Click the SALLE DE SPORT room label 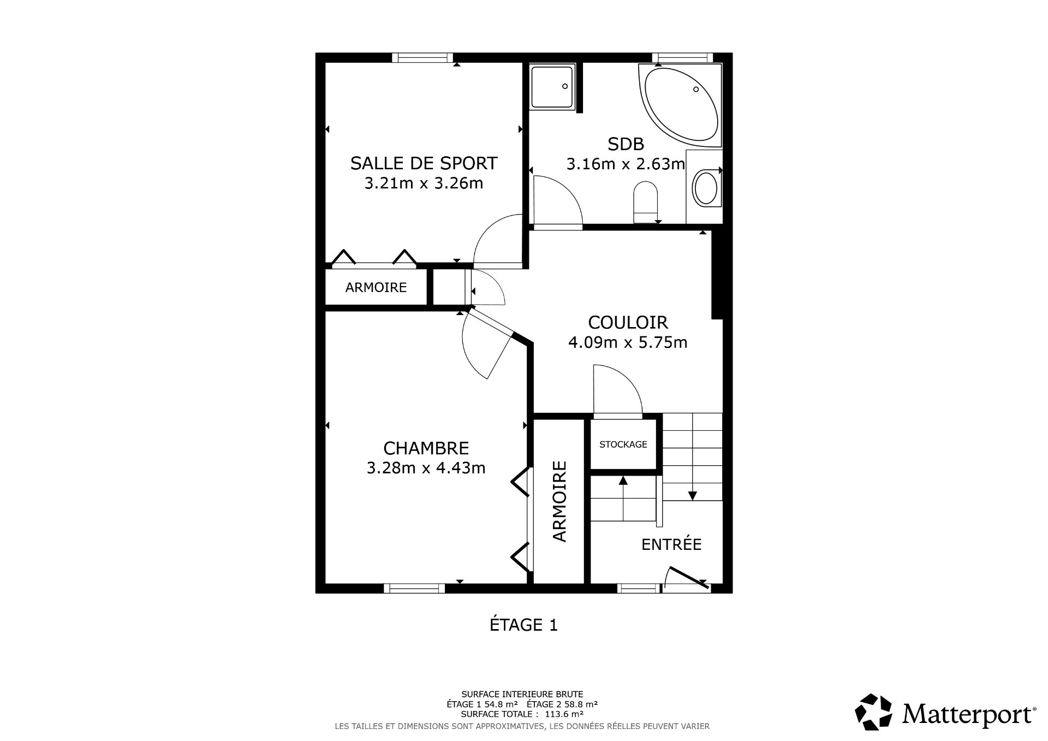click(424, 163)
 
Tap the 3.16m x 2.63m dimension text click(626, 164)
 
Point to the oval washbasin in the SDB click(705, 188)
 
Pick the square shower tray click(552, 87)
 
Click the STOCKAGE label click(623, 444)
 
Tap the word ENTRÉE click(671, 544)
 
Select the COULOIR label click(628, 322)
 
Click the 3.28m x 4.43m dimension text click(426, 468)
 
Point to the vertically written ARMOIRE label click(560, 501)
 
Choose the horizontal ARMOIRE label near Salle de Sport click(376, 287)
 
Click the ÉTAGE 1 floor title click(523, 625)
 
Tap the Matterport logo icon click(873, 712)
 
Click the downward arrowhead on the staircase click(692, 496)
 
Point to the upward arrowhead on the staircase click(623, 481)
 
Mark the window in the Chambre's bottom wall click(414, 588)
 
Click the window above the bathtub click(682, 57)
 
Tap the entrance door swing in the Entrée click(686, 579)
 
